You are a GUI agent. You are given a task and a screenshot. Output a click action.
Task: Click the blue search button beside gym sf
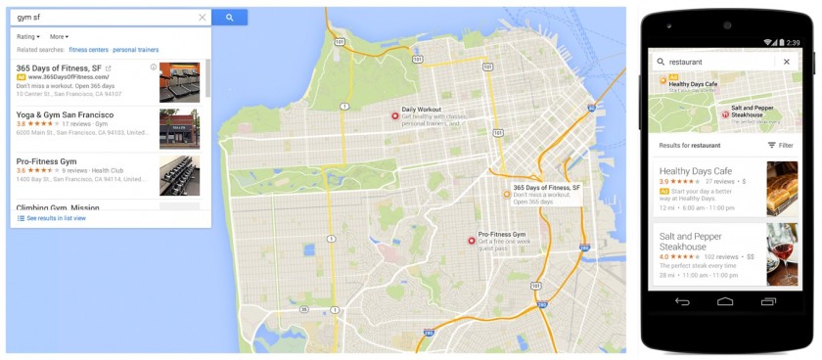(229, 18)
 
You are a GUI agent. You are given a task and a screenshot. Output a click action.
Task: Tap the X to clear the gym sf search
(203, 18)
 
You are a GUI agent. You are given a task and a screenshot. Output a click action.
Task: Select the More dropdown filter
(60, 36)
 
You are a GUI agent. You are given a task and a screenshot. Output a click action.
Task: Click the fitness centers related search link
(88, 49)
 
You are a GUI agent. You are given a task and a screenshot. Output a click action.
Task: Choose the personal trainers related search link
(135, 49)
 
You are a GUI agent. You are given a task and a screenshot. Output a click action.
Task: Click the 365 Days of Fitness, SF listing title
(59, 67)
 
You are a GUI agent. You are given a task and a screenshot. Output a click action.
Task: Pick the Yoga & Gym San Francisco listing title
(65, 114)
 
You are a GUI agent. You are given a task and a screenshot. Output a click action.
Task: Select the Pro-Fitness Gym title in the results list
(46, 160)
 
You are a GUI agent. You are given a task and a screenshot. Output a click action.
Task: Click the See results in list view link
(56, 218)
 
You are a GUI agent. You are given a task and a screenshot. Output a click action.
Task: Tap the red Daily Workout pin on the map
(395, 116)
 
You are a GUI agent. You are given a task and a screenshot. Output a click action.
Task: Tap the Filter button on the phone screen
(780, 145)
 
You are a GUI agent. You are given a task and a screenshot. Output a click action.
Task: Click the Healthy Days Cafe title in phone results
(696, 171)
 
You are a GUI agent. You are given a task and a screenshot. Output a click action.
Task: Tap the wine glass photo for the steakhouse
(782, 253)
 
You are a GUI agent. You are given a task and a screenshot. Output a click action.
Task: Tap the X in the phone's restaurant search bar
(786, 62)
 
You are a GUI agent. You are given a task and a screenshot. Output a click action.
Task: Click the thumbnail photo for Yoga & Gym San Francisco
(179, 129)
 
